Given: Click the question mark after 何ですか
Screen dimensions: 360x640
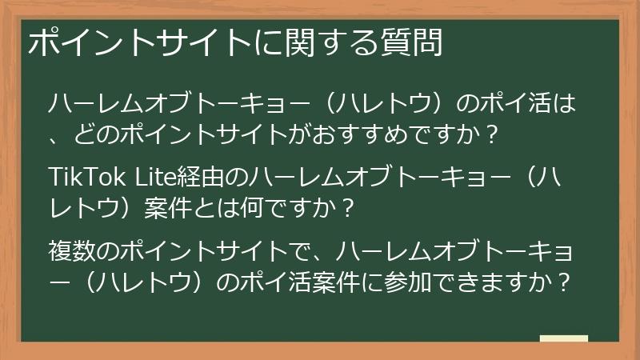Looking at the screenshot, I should point(346,207).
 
